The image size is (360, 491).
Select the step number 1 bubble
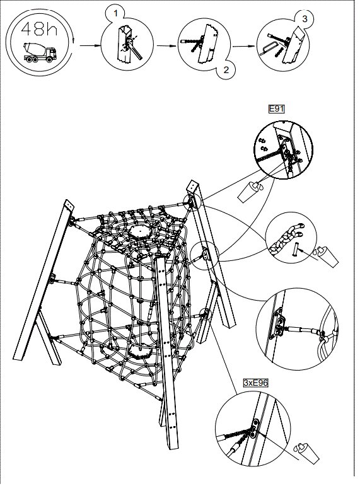point(113,12)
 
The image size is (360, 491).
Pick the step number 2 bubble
point(225,71)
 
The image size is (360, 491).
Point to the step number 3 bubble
point(305,18)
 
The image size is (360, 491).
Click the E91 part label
point(277,109)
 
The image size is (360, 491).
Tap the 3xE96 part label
point(255,383)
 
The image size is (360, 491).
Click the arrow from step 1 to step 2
point(165,45)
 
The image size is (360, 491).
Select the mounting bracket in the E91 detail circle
point(289,151)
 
